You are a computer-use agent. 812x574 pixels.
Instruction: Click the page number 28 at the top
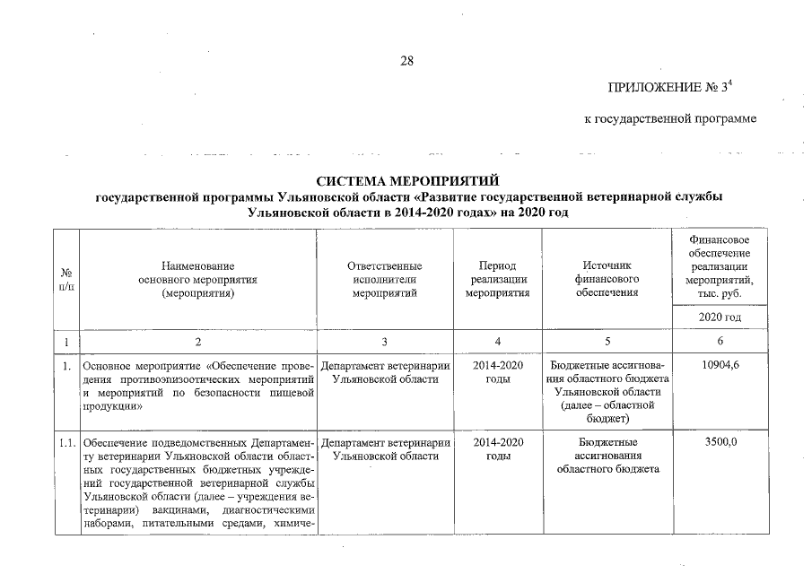pos(406,61)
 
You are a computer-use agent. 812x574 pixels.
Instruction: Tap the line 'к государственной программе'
pos(669,119)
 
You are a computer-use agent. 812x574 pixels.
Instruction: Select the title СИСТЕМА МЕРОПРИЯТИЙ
pos(407,183)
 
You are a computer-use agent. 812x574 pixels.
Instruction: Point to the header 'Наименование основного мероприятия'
pos(198,279)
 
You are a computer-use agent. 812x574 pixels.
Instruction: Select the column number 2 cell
pos(198,342)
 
